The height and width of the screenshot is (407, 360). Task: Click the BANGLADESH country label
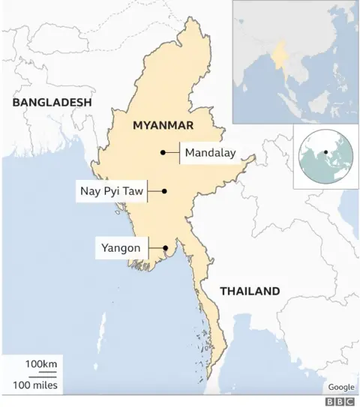51,102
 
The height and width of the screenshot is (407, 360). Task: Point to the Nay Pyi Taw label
110,191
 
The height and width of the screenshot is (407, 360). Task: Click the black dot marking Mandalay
163,153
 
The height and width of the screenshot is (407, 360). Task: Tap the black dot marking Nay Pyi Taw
164,191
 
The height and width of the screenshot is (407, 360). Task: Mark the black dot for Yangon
164,247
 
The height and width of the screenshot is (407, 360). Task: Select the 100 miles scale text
36,385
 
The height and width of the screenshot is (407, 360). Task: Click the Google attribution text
340,387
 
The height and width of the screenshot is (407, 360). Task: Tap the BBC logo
340,401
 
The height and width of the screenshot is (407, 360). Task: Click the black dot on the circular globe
326,153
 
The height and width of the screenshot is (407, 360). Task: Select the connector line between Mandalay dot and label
172,153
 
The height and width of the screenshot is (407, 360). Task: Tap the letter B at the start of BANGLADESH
15,102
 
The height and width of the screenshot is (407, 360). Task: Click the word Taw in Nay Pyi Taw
132,191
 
